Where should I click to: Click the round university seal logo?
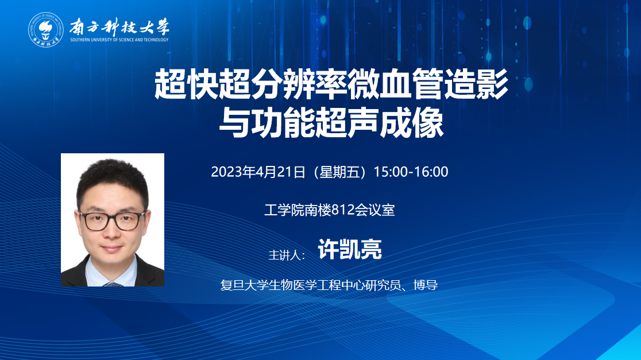(x=46, y=29)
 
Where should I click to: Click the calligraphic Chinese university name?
(x=119, y=27)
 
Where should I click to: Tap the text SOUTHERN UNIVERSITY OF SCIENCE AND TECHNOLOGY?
(x=119, y=40)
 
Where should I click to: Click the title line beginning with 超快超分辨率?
(x=331, y=84)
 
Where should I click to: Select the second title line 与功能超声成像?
(x=331, y=122)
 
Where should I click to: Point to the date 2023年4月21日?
(x=258, y=172)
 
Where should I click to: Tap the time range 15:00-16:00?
(x=411, y=172)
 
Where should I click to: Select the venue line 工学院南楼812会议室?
(x=330, y=210)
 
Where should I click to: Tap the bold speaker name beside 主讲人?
(x=350, y=249)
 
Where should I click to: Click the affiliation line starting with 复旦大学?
(x=329, y=285)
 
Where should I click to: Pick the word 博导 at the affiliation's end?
(x=426, y=285)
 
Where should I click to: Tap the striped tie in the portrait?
(x=113, y=284)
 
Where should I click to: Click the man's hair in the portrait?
(x=113, y=180)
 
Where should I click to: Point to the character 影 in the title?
(x=492, y=84)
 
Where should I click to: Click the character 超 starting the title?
(x=170, y=84)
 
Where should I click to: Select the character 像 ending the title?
(x=428, y=122)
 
